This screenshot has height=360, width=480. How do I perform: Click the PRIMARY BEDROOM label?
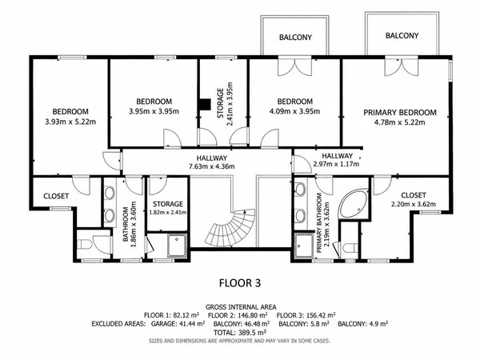pos(400,113)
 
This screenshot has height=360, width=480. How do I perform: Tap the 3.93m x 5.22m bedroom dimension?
pos(70,122)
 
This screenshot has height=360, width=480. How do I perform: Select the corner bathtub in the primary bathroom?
pos(354,204)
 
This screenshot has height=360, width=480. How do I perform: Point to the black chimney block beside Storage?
pos(204,104)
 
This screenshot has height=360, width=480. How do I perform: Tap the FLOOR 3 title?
pos(240,283)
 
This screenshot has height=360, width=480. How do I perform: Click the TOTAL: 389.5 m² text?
pos(240,333)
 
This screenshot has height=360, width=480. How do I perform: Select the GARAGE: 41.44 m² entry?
pos(178,323)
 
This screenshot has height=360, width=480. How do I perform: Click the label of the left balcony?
pos(295,38)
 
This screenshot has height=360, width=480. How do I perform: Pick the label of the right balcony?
pos(402,35)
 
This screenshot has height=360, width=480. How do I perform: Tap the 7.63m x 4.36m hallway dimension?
pos(212,166)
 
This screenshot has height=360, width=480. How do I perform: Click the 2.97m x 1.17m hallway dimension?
pos(336,164)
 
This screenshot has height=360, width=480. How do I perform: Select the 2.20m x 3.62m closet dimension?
pos(414,204)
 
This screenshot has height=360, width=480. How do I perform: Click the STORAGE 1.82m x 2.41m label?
pos(168,208)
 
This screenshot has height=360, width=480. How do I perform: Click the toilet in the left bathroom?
pos(84,245)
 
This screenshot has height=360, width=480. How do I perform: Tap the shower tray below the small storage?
pos(177,246)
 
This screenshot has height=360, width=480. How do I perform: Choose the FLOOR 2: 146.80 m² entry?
pos(238,315)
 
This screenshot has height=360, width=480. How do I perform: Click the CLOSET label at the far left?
pos(56,196)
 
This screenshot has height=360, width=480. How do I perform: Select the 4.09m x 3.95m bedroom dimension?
pos(294,111)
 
